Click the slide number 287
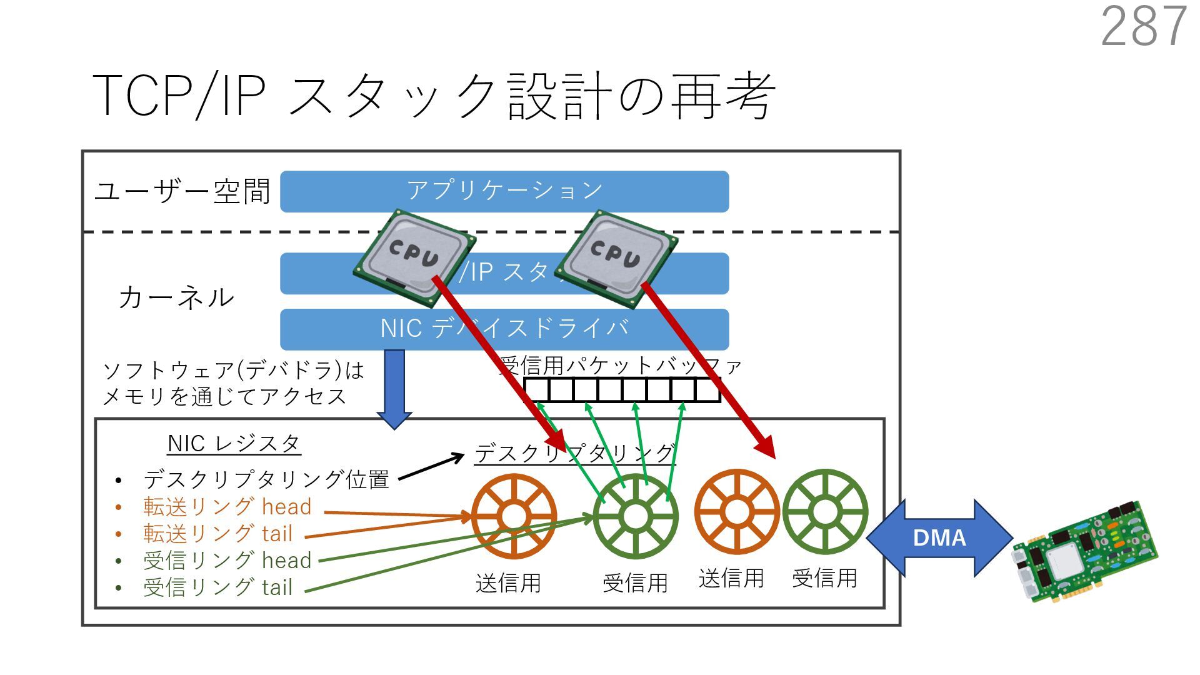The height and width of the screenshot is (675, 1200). pos(1144,26)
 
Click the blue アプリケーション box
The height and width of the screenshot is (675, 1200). pos(504,191)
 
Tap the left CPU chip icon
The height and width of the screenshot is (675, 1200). pos(413,258)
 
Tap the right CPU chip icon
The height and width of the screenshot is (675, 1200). pos(616,258)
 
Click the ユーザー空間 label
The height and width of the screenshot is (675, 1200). pos(182,191)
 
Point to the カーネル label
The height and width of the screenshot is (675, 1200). pos(176,297)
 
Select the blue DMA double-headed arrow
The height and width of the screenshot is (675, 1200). pos(939,537)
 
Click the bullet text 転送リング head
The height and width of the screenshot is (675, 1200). pos(227,507)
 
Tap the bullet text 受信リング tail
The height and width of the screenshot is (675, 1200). pos(217,587)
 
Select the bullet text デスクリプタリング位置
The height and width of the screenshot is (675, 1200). pos(266,480)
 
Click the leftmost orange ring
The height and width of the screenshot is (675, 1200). pos(514,516)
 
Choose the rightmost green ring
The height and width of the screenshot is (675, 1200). pos(825,511)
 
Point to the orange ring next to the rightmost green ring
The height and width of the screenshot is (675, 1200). pos(737,511)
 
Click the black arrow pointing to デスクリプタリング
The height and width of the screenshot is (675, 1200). pos(431,467)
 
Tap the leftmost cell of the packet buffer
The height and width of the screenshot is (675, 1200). pos(536,390)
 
